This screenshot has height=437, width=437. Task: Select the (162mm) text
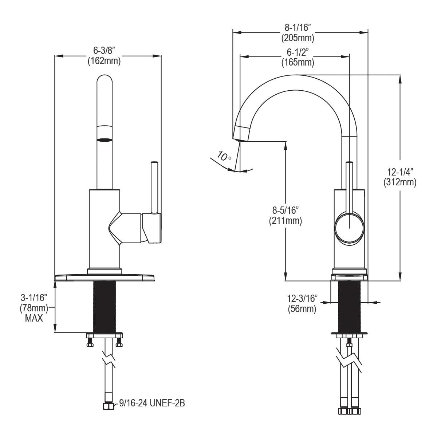tap(104, 61)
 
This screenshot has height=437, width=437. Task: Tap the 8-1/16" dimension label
tap(297, 28)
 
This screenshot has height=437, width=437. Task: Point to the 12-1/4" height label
tap(399, 172)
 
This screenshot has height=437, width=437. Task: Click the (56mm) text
tap(302, 310)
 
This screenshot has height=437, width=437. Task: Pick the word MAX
tap(34, 318)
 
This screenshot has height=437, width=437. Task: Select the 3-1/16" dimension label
tap(34, 298)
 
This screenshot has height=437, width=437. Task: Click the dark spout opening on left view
tap(105, 139)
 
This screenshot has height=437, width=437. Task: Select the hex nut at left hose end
tap(108, 406)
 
